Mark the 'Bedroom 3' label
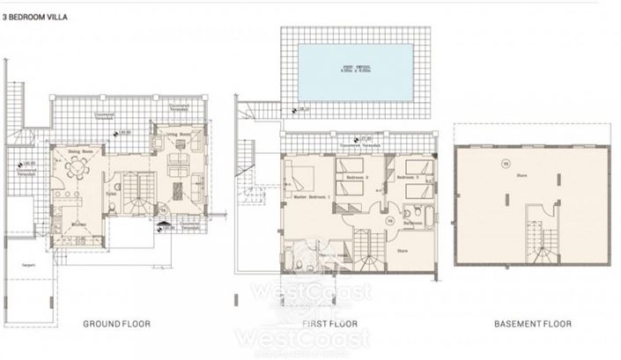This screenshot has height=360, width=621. pos(408,177)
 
